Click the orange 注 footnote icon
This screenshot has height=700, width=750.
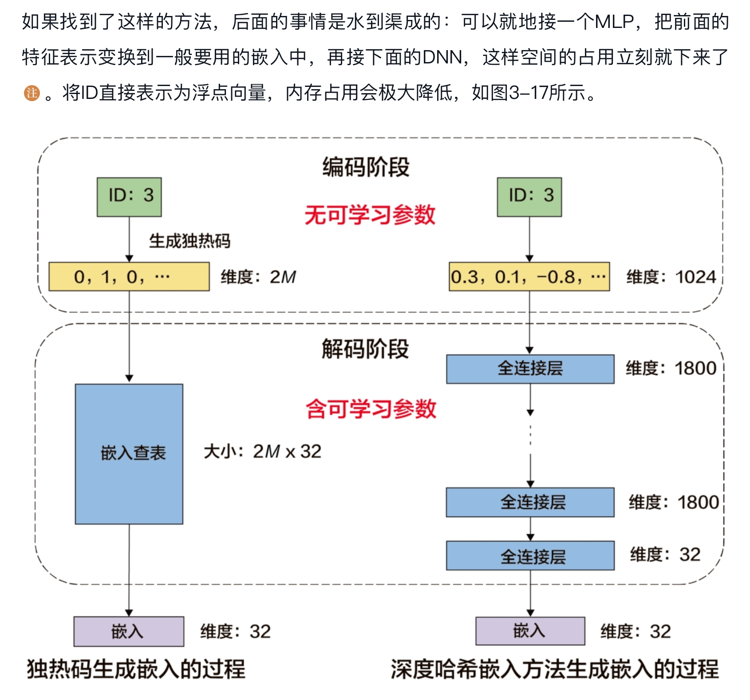[x=32, y=93]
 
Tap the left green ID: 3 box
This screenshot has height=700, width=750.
[x=129, y=197]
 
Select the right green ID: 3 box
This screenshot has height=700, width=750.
[x=529, y=197]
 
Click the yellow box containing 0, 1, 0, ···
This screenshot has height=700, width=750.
[x=129, y=277]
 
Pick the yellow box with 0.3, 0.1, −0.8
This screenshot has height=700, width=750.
[x=529, y=277]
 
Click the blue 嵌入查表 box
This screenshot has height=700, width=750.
[x=129, y=454]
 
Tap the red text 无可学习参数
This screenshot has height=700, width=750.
[x=370, y=215]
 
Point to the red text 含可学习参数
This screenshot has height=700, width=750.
[x=371, y=409]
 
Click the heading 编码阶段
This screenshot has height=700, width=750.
[x=366, y=167]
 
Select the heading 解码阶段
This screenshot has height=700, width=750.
[x=365, y=349]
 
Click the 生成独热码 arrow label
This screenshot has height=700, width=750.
[x=189, y=241]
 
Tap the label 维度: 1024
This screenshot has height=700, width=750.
[x=671, y=277]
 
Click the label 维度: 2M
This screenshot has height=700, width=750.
[x=258, y=277]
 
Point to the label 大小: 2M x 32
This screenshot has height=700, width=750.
[x=262, y=452]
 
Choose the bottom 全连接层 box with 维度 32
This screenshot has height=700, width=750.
[x=530, y=555]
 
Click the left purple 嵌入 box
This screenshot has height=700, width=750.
[x=129, y=631]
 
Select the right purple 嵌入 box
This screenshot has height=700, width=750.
[x=530, y=631]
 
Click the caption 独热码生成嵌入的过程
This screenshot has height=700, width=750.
[x=136, y=669]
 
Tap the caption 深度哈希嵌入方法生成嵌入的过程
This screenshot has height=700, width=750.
[x=554, y=669]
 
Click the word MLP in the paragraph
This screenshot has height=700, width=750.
[x=614, y=21]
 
